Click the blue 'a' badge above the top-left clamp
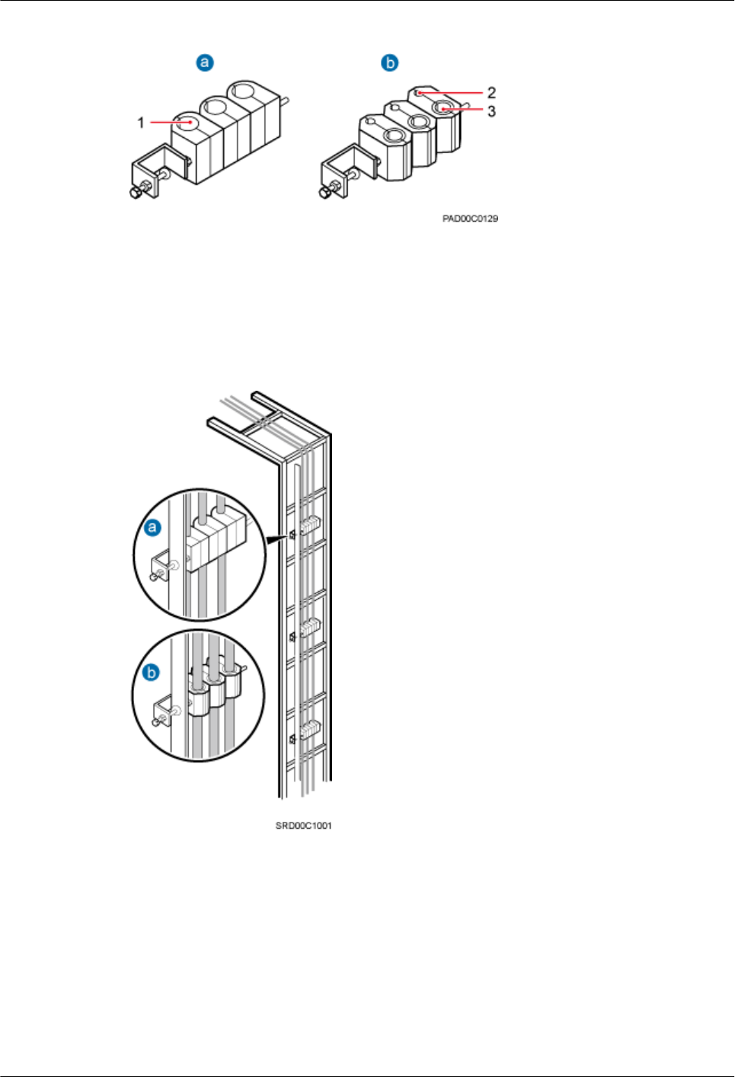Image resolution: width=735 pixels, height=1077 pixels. [x=204, y=62]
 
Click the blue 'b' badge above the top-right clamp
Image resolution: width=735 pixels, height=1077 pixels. [x=390, y=62]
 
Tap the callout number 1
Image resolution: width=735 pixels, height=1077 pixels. [x=141, y=122]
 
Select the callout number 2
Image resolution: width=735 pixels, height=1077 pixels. [x=491, y=92]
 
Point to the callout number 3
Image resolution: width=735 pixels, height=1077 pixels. [x=491, y=111]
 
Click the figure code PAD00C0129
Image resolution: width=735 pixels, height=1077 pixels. [x=470, y=219]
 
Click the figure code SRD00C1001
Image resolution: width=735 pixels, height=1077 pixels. [x=303, y=826]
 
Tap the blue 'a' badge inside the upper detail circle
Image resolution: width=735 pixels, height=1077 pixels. [x=153, y=527]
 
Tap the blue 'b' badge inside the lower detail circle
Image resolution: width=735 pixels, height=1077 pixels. [x=152, y=673]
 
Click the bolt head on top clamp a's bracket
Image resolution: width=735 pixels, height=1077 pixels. [x=135, y=193]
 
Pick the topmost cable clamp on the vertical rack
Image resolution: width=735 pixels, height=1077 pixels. [x=309, y=525]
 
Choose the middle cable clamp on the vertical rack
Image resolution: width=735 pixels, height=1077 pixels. [x=309, y=628]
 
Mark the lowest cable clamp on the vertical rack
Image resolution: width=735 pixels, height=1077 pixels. [x=309, y=730]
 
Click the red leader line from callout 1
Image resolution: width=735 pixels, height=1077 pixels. [x=168, y=121]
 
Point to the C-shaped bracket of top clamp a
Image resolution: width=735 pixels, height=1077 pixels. [x=157, y=171]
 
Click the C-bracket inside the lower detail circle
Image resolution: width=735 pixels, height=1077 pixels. [x=163, y=713]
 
